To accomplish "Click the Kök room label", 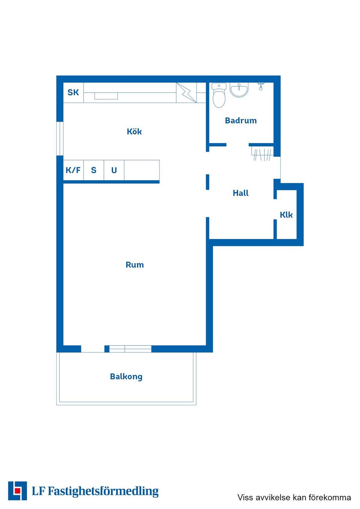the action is click(134, 131).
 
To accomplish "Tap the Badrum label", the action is click(241, 120).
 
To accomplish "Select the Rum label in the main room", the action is click(135, 265).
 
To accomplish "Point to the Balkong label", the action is click(126, 377).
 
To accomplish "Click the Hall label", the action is click(240, 193).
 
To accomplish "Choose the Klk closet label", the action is click(286, 215).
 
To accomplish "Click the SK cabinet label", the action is click(73, 92).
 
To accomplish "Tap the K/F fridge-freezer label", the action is click(73, 170).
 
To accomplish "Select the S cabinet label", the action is click(94, 170).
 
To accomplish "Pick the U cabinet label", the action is click(114, 170).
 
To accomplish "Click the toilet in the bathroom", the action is click(219, 96).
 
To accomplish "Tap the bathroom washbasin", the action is click(239, 90).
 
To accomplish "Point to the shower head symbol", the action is click(261, 86).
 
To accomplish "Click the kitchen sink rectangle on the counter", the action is click(106, 96).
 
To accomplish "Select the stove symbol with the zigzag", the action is click(186, 93).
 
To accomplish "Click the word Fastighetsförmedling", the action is click(103, 491).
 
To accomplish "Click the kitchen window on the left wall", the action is click(60, 139).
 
